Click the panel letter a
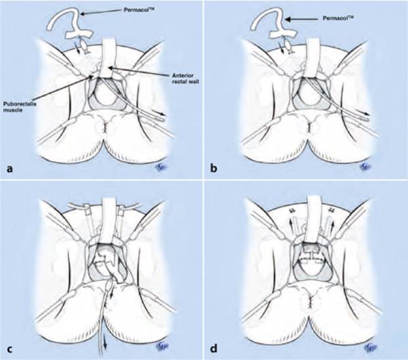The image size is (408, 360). [10, 169]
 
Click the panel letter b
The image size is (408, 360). [214, 168]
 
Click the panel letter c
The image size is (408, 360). [10, 349]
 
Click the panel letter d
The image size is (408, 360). [214, 348]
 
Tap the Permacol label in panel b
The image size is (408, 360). [339, 19]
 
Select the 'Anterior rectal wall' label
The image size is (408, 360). [183, 78]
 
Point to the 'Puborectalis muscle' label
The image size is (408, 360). [20, 107]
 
